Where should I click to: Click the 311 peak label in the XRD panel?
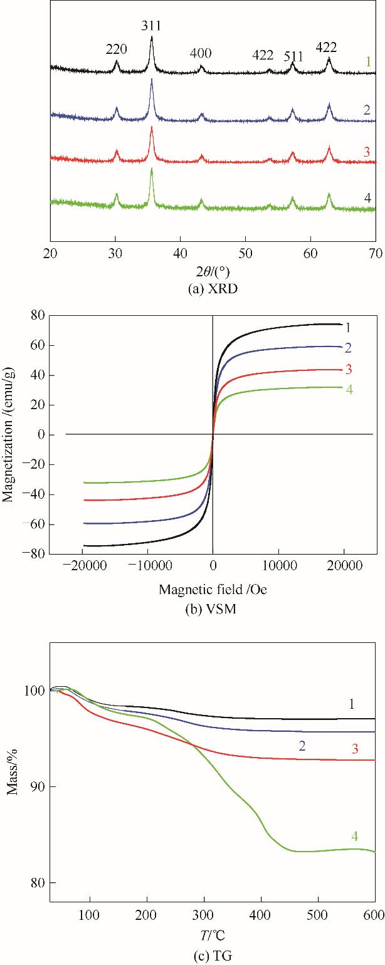pos(152,26)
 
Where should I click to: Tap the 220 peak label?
pos(117,48)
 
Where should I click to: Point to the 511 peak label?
pos(293,56)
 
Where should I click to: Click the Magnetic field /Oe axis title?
pos(213,589)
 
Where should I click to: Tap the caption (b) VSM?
pos(213,606)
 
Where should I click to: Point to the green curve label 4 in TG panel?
pos(354,836)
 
